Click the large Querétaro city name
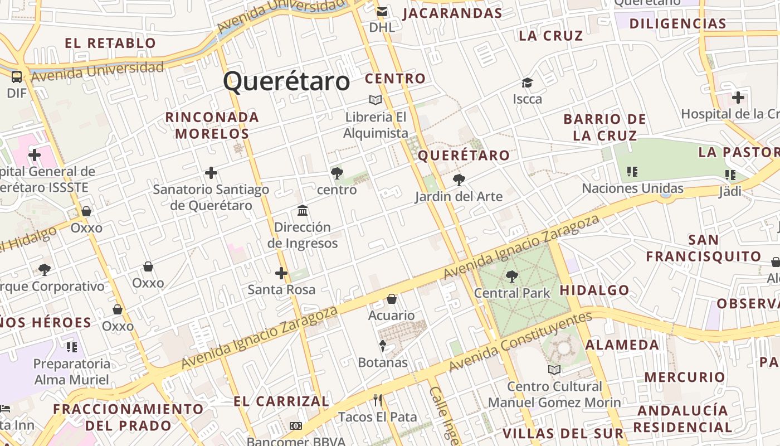tap(286, 81)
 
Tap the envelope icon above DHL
tap(382, 12)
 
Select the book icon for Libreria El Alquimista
tap(376, 100)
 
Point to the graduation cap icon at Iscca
tap(527, 83)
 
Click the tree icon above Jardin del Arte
tap(459, 180)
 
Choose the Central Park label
tap(511, 293)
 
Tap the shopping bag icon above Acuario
tap(392, 299)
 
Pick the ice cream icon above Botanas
tap(383, 346)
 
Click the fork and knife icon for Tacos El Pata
tap(378, 400)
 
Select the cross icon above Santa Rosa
tap(281, 273)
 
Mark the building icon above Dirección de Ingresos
tap(303, 210)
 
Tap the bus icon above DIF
tap(17, 76)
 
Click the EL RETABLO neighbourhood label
tap(110, 43)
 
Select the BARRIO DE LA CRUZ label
tap(604, 127)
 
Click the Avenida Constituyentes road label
tap(520, 342)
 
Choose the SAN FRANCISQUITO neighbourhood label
tap(703, 248)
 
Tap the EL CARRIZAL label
tap(281, 401)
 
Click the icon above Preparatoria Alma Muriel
tap(72, 347)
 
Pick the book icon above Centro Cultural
tap(554, 370)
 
